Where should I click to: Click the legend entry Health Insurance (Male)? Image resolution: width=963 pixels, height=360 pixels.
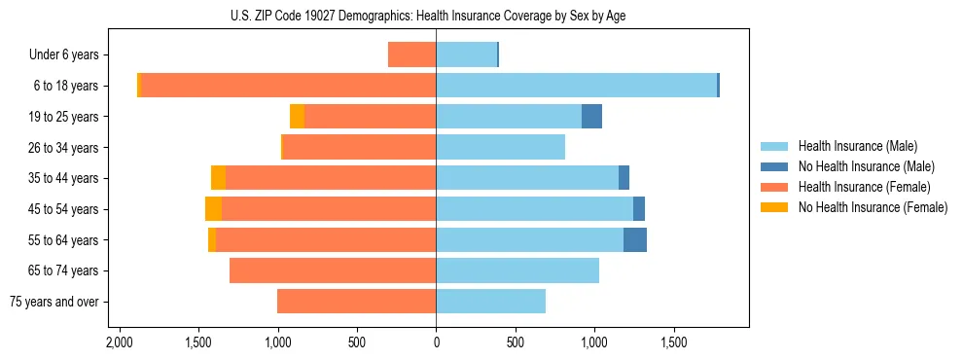click(x=857, y=146)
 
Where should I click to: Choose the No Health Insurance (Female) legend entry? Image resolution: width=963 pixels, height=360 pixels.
click(x=873, y=207)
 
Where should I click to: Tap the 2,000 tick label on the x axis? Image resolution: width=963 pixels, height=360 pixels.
click(x=120, y=343)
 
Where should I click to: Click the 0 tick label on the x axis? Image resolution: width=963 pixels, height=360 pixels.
click(x=436, y=343)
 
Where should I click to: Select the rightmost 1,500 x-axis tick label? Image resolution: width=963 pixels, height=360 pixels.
click(x=674, y=343)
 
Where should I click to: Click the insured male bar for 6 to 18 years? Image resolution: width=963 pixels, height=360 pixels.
click(x=576, y=86)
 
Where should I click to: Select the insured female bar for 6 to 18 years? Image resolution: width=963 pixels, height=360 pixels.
click(x=289, y=86)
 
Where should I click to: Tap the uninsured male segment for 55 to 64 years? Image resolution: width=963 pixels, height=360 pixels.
click(x=635, y=240)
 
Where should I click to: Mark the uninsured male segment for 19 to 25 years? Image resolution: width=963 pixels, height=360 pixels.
click(x=591, y=117)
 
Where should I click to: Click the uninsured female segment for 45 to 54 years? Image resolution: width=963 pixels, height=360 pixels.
click(x=213, y=209)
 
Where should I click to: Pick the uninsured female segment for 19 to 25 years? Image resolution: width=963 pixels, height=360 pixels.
click(x=297, y=117)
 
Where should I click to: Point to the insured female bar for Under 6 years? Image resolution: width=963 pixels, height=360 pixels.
click(x=411, y=54)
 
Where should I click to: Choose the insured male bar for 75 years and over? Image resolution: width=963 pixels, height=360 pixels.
click(x=490, y=302)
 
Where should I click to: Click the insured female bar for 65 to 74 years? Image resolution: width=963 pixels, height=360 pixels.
click(x=333, y=270)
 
